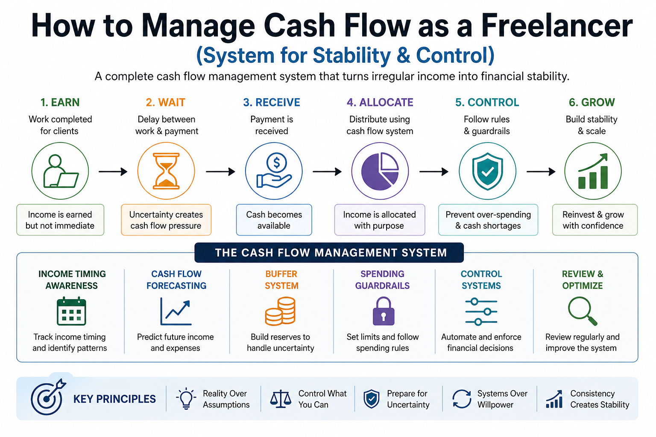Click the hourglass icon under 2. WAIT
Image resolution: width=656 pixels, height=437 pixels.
[x=166, y=171]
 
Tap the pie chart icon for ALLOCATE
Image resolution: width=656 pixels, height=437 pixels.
[x=380, y=171]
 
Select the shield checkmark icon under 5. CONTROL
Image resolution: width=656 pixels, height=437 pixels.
[x=487, y=171]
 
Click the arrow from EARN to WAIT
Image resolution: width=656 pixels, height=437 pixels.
[x=113, y=172]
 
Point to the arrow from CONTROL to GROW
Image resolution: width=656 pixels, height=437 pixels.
[x=541, y=172]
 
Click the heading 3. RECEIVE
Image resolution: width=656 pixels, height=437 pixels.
[x=272, y=102]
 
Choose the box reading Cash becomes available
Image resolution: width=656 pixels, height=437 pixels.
[x=274, y=220]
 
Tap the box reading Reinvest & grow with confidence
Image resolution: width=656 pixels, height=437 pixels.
[x=594, y=220]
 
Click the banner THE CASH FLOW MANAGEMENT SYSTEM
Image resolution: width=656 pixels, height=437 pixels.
[x=329, y=253]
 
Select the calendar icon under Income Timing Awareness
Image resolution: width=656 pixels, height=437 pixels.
[x=71, y=311]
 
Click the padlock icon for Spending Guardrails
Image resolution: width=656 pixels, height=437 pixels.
[x=383, y=312]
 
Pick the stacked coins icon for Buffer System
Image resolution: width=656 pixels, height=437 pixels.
[x=280, y=312]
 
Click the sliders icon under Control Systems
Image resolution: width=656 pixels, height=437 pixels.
[x=481, y=312]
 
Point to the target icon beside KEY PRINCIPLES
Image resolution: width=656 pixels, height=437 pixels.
[x=47, y=398]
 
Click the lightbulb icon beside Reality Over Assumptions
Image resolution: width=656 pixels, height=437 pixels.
[x=186, y=399]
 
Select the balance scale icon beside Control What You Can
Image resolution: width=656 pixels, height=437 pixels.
[x=281, y=399]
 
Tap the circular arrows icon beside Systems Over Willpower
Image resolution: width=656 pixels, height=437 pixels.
[x=462, y=399]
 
